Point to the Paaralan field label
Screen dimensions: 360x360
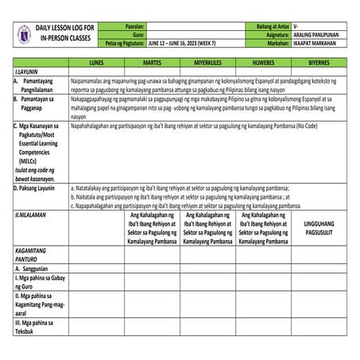pyautogui.click(x=134, y=26)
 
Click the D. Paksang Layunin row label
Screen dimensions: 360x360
pyautogui.click(x=35, y=188)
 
